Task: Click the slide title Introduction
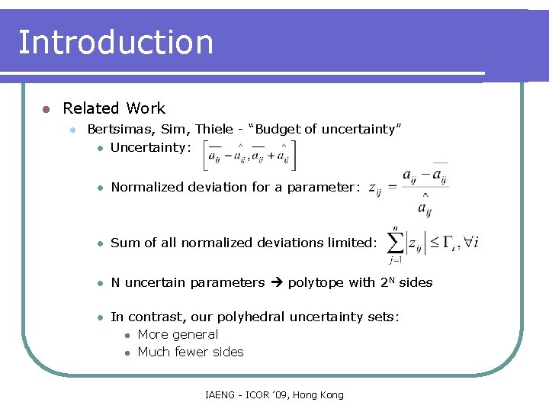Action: [115, 43]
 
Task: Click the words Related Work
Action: [114, 108]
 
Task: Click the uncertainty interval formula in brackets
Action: [249, 155]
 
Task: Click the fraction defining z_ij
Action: [422, 188]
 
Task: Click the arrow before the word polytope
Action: [276, 282]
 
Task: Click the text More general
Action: [178, 334]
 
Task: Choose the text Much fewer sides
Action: [191, 352]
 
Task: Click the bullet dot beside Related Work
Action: [46, 109]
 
